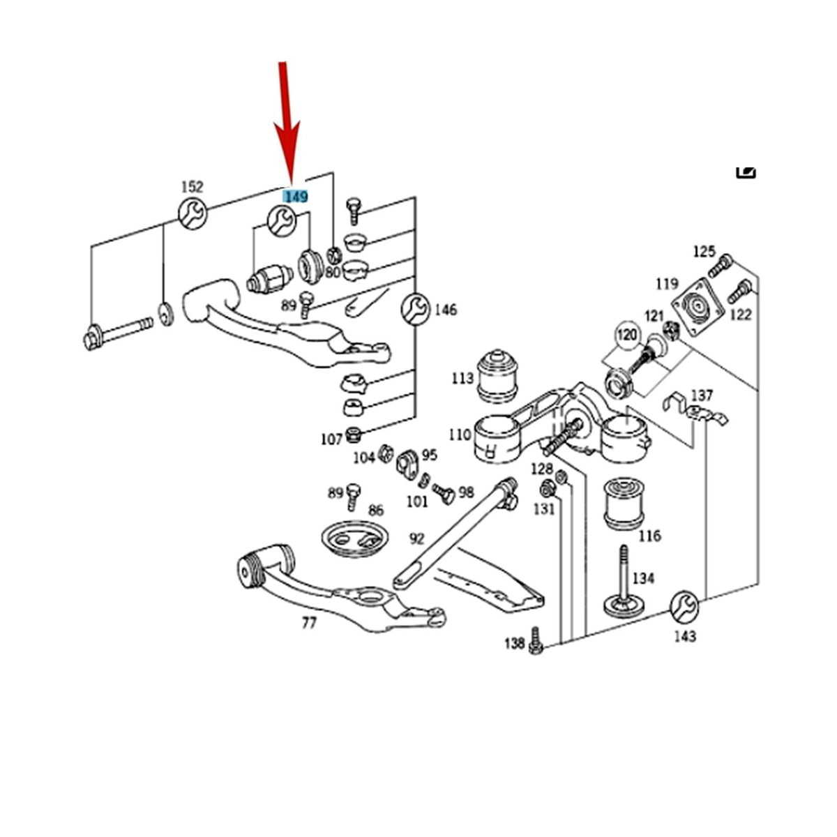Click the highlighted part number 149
[x=295, y=196]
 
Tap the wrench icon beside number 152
[x=193, y=213]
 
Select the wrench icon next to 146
[x=415, y=309]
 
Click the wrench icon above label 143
[x=684, y=606]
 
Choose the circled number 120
[x=627, y=335]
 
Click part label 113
[x=462, y=378]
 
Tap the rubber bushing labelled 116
[x=624, y=504]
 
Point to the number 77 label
[x=309, y=624]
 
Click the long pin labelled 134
[x=624, y=582]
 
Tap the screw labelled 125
[x=721, y=266]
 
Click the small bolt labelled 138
[x=536, y=640]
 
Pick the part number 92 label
[x=416, y=539]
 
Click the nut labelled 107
[x=354, y=435]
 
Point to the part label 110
[x=460, y=435]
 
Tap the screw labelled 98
[x=444, y=493]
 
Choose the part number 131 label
[x=545, y=508]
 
